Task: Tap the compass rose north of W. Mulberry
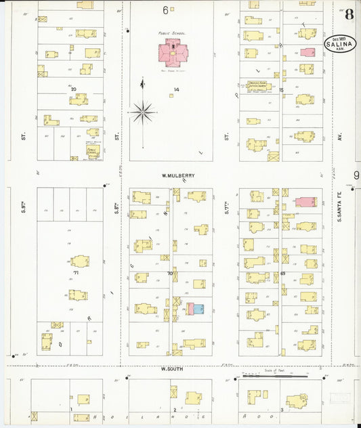(143, 112)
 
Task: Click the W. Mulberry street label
(178, 175)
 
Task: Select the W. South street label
(173, 369)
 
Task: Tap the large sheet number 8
(348, 14)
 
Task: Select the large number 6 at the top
(165, 10)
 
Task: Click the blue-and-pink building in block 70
(194, 309)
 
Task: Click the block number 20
(72, 89)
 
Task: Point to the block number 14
(176, 90)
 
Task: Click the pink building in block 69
(305, 202)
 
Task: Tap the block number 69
(282, 273)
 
